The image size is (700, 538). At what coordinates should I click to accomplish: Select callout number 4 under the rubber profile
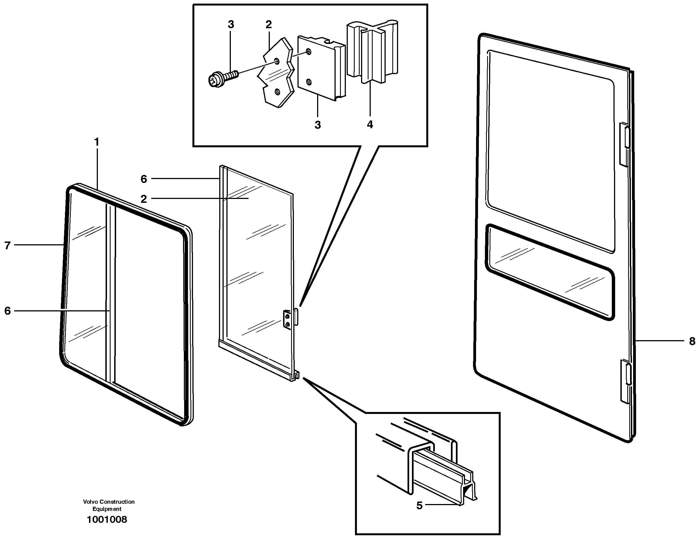coord(370,125)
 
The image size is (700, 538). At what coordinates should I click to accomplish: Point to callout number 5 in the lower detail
coord(419,506)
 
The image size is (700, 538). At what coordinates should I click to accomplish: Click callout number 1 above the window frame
coord(96,142)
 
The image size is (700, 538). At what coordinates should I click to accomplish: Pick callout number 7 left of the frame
coord(7,245)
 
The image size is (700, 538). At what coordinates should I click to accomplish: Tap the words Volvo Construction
coord(109,502)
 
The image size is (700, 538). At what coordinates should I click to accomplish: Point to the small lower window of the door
coord(550,272)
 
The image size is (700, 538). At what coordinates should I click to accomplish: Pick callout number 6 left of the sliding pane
coord(143,179)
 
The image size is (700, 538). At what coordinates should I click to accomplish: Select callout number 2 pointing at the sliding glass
coord(143,199)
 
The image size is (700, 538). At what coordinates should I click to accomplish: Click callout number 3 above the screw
coord(231,25)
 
